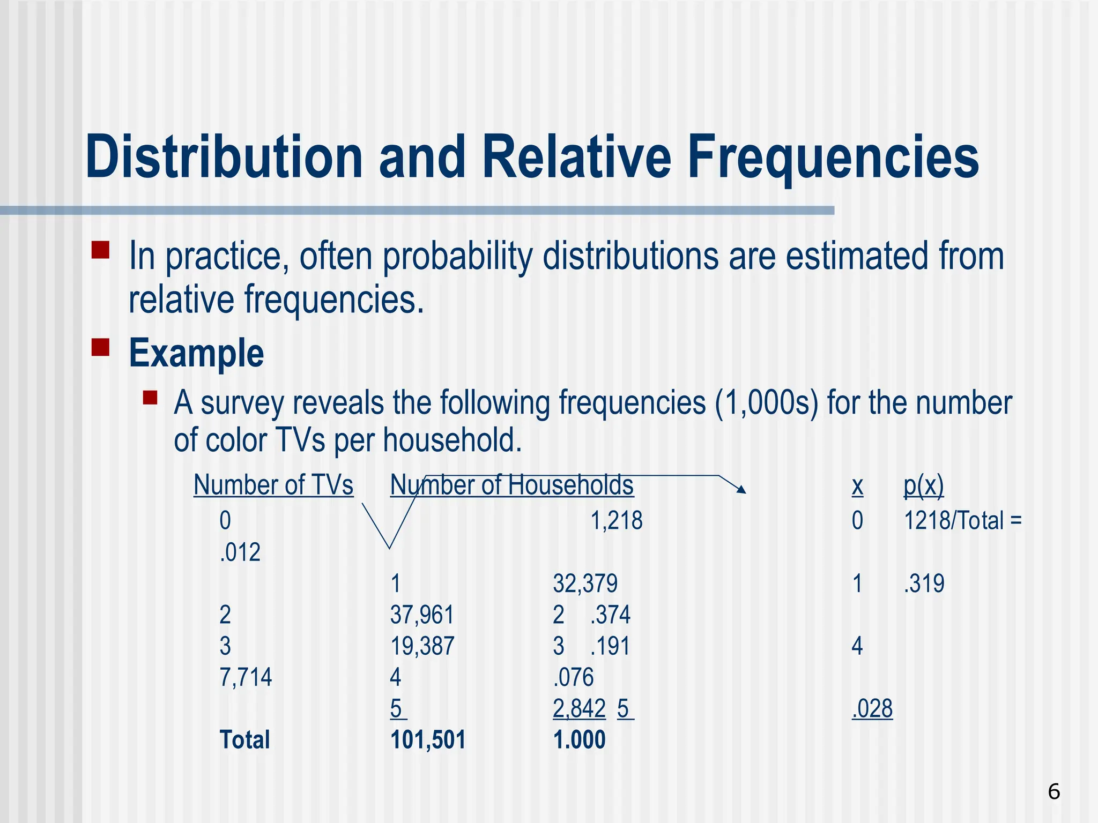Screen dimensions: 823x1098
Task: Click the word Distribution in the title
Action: [x=224, y=158]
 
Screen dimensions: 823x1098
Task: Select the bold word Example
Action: [x=196, y=354]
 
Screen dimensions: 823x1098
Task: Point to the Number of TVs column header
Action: [x=273, y=485]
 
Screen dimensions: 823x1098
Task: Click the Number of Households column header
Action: [x=511, y=485]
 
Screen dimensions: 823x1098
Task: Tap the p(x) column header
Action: [x=923, y=485]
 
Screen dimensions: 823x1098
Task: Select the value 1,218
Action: [x=616, y=520]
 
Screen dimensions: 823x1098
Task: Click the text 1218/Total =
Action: [x=962, y=520]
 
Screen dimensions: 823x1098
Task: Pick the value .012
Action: [x=240, y=552]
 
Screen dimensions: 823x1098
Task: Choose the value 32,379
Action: [x=585, y=583]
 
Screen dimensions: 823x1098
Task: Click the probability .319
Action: [x=924, y=583]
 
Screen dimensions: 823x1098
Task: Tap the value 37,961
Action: [x=422, y=615]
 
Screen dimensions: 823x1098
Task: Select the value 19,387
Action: [x=422, y=646]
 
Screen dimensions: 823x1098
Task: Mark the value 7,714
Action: [x=246, y=677]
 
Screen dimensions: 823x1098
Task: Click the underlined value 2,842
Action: [x=579, y=708]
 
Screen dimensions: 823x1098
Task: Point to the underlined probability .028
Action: [x=872, y=708]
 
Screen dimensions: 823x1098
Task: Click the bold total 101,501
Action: [x=428, y=740]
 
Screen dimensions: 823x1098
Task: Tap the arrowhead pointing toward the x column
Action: [x=741, y=489]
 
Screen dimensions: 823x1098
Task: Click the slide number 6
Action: [x=1054, y=791]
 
